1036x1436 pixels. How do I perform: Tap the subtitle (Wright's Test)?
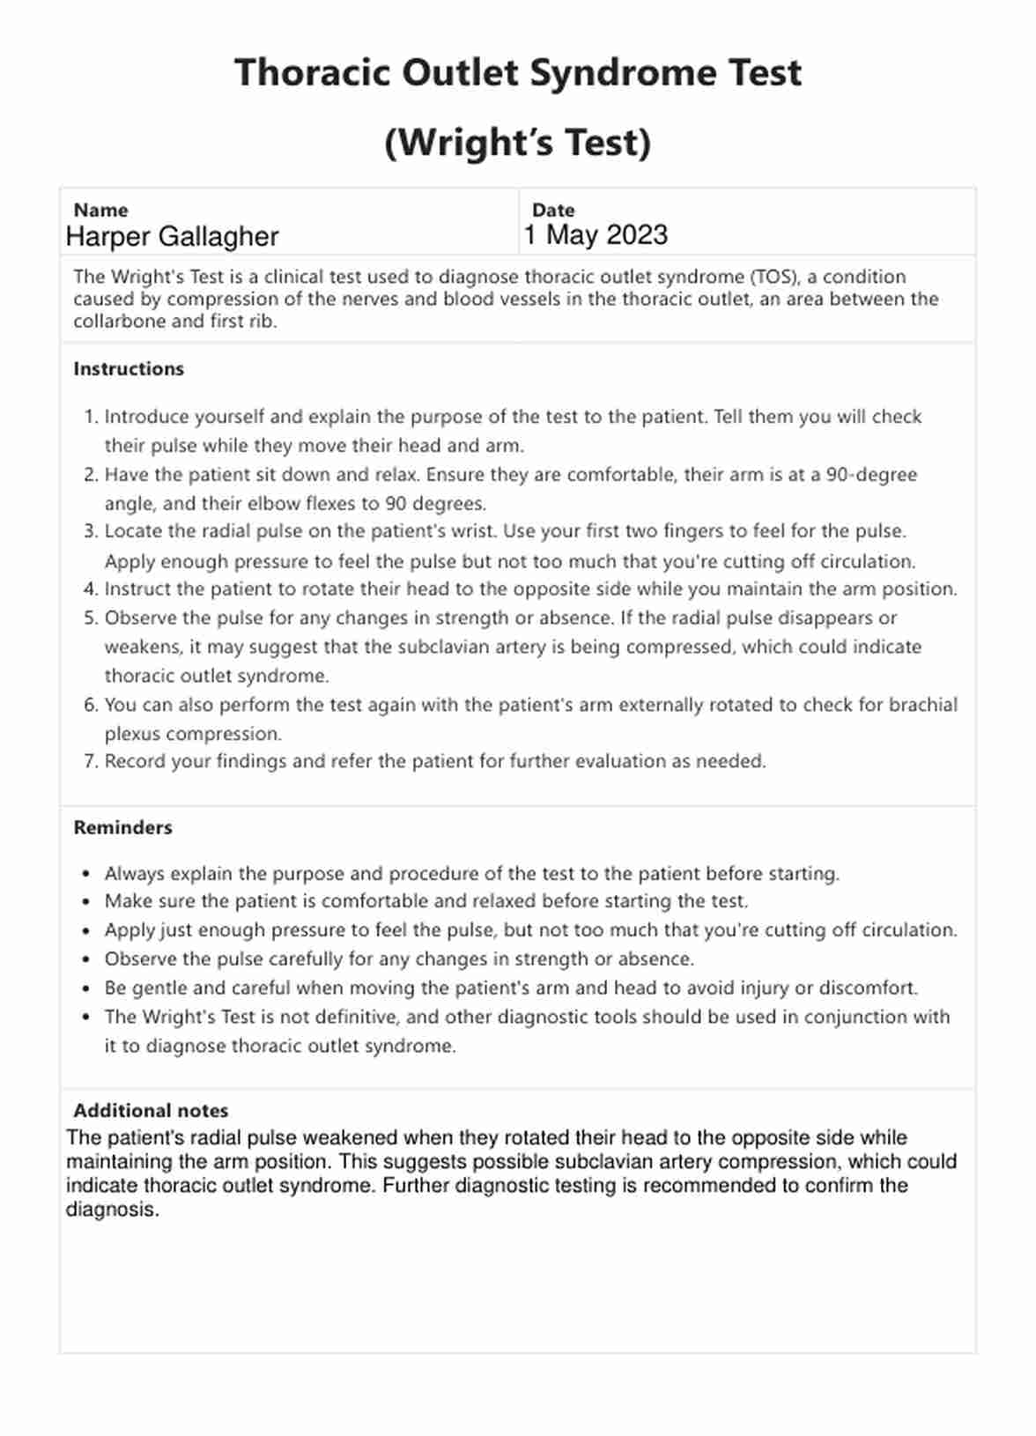coord(518,143)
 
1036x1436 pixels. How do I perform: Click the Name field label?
coord(100,210)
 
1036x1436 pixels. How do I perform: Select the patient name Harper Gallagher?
coord(172,236)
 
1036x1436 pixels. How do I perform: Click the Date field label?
coord(553,210)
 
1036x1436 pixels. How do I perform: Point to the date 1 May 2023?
coord(596,235)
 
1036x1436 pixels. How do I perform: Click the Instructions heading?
coord(129,369)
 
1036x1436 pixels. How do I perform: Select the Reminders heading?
coord(122,827)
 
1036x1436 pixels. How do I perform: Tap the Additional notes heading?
coord(151,1110)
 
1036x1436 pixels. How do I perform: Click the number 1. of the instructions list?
coord(90,417)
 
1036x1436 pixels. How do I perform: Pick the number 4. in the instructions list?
coord(90,589)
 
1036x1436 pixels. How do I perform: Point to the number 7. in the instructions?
coord(90,761)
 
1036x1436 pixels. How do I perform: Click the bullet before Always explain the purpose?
coord(85,874)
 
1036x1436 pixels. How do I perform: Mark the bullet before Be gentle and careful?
coord(85,988)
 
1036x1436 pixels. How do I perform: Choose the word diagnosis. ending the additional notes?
coord(113,1210)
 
